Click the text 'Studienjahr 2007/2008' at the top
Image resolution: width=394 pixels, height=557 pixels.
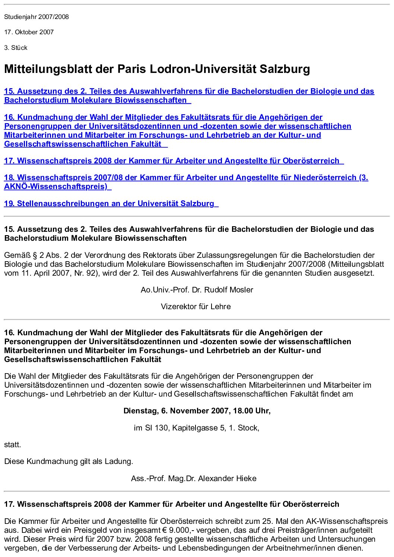click(x=36, y=17)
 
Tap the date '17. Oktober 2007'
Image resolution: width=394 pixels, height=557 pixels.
click(x=29, y=32)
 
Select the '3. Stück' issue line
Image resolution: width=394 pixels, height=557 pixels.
click(x=16, y=48)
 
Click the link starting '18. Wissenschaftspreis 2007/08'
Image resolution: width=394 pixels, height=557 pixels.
click(x=186, y=177)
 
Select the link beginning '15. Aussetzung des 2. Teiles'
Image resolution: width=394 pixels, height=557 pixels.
click(x=189, y=91)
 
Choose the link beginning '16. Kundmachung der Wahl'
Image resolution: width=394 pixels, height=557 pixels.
click(x=163, y=117)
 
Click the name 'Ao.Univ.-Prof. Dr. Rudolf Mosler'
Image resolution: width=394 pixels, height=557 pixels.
click(x=197, y=290)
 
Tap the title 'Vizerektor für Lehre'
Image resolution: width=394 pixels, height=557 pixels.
click(x=196, y=307)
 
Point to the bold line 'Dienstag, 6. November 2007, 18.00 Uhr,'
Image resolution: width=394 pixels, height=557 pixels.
click(x=197, y=411)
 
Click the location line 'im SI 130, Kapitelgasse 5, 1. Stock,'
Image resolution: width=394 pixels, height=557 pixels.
click(x=196, y=428)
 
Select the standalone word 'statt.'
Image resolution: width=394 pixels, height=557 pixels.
click(x=13, y=445)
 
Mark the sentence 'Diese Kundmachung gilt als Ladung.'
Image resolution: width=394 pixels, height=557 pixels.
click(x=69, y=461)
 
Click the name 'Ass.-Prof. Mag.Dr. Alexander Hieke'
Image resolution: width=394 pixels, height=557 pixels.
click(x=194, y=478)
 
